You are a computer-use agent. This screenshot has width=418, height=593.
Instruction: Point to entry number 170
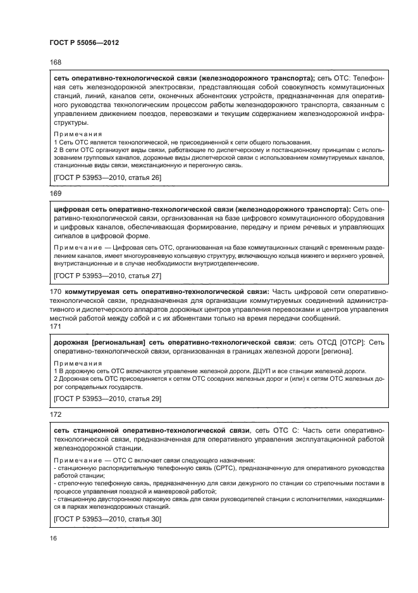point(54,291)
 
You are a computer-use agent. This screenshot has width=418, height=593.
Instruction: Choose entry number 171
point(54,328)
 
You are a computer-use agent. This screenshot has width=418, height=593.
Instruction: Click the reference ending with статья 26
point(108,178)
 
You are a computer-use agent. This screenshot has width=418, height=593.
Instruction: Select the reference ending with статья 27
point(108,276)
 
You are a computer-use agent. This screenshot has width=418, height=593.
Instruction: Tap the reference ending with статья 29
point(108,399)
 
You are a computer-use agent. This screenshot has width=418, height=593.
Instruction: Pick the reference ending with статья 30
point(108,520)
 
